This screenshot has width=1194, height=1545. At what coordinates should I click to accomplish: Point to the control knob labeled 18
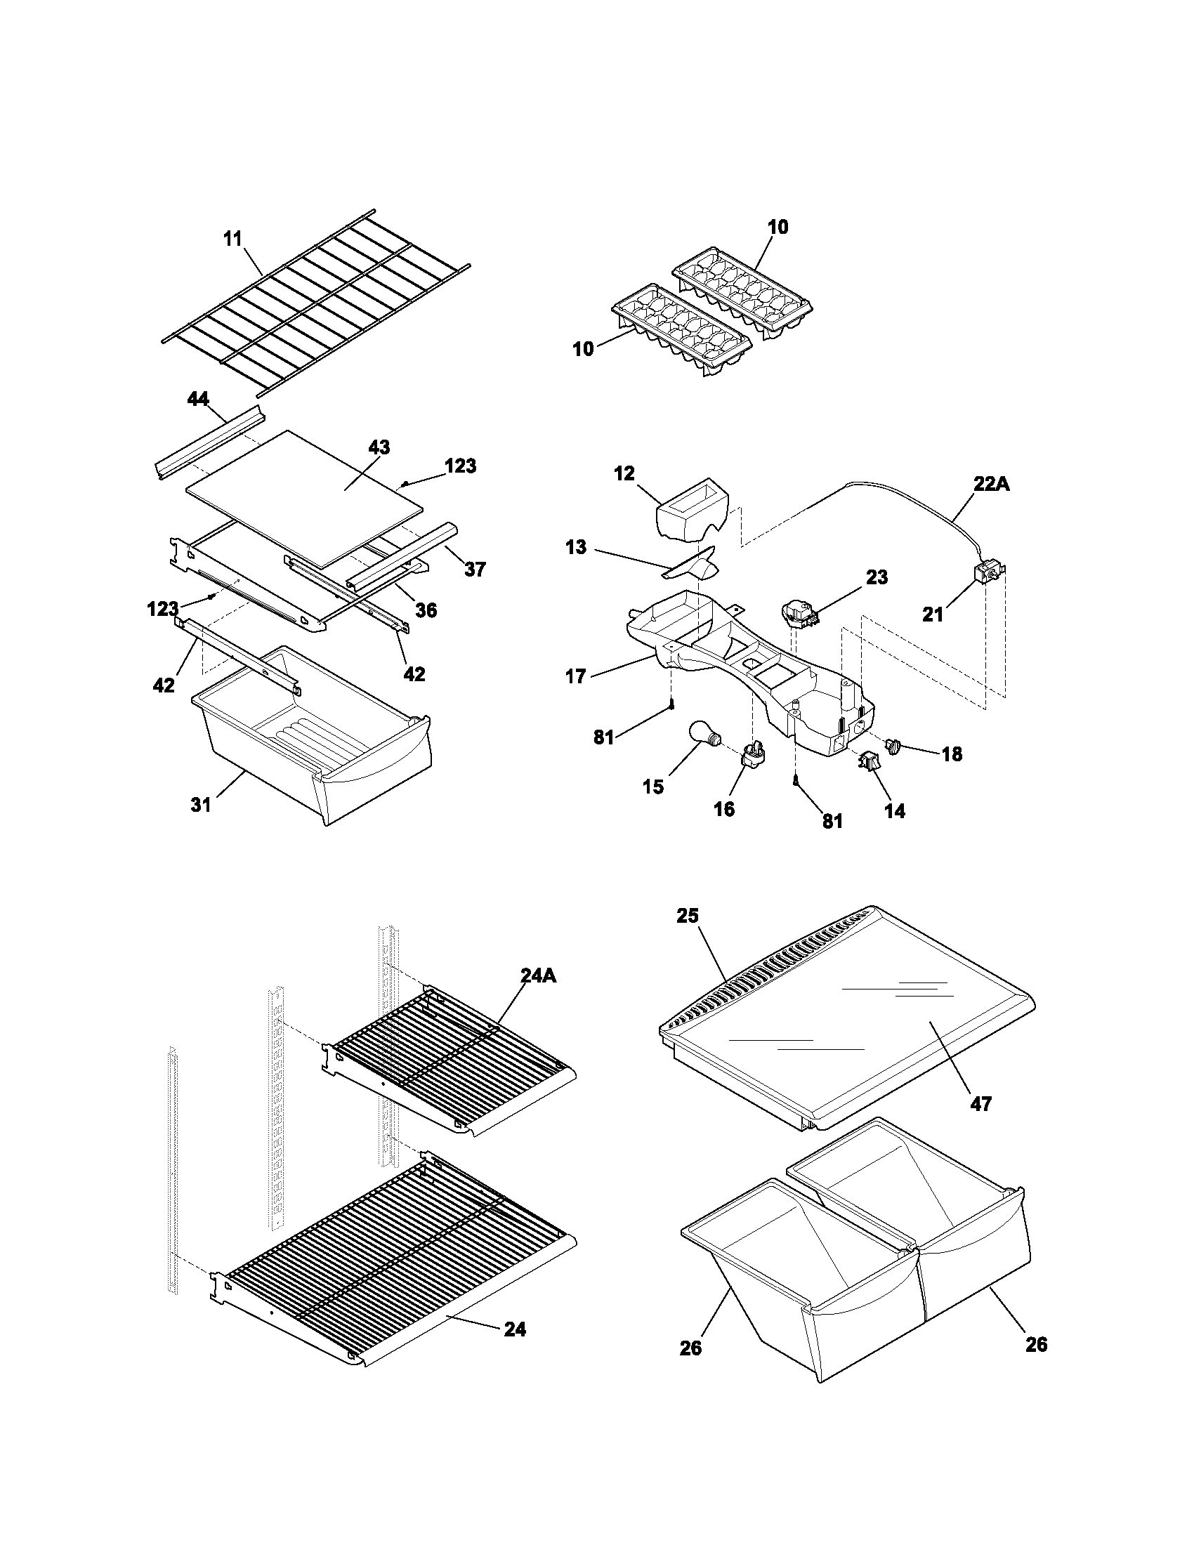pos(894,744)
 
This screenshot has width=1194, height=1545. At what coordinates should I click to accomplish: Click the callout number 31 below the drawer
pos(201,804)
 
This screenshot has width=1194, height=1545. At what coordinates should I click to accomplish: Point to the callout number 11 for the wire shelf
pos(232,239)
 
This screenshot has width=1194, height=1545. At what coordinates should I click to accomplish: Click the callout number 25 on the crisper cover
pos(687,915)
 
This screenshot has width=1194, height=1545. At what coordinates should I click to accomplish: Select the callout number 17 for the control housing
pos(575,677)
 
